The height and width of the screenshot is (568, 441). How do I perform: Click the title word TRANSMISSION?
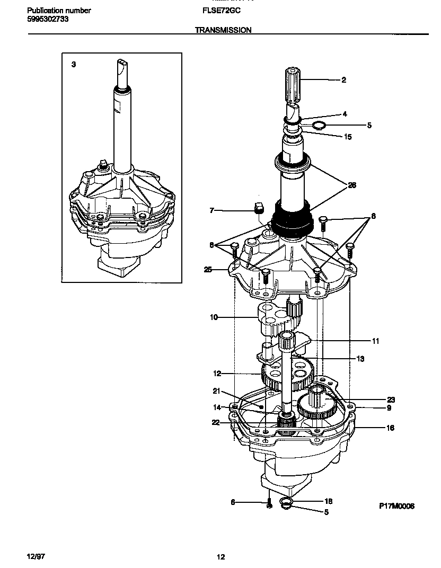point(223,30)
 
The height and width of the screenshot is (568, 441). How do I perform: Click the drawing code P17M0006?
point(396,506)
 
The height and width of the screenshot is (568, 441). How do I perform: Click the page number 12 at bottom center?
point(220,556)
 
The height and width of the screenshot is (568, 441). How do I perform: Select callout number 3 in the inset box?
point(74,64)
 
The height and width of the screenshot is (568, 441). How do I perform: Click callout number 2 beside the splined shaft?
point(343,80)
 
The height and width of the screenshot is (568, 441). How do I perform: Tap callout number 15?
point(348,137)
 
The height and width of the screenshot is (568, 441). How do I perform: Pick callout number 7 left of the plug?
point(211,210)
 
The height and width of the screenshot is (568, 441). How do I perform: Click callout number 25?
point(208,270)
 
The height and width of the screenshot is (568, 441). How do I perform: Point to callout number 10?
point(214,318)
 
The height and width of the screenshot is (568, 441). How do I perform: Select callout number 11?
point(375,341)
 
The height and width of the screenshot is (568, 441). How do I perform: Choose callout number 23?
point(391,400)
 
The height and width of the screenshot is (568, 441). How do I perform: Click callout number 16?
point(390,428)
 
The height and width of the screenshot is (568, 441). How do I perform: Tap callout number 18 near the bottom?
point(328,501)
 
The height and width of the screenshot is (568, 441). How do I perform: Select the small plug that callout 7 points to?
point(259,207)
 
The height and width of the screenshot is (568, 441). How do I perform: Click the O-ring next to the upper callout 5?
point(318,126)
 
